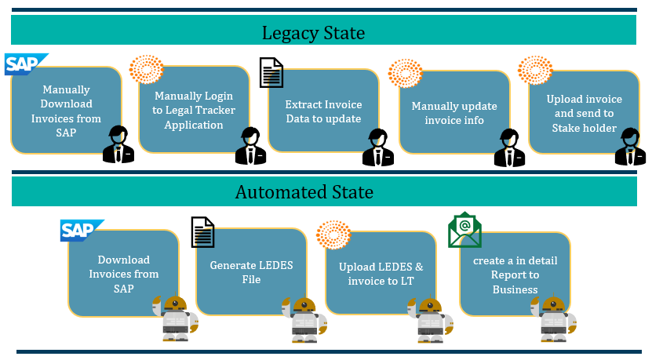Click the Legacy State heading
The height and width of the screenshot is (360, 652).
pyautogui.click(x=313, y=33)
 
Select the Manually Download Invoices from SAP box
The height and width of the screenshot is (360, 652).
pyautogui.click(x=67, y=111)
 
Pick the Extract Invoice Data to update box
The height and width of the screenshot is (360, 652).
pyautogui.click(x=322, y=111)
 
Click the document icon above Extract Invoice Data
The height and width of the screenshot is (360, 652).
pyautogui.click(x=271, y=73)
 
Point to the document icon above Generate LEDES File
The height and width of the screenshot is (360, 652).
pyautogui.click(x=203, y=233)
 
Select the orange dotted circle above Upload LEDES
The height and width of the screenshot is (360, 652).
pyautogui.click(x=333, y=238)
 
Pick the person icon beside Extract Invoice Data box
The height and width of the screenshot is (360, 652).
pyautogui.click(x=377, y=146)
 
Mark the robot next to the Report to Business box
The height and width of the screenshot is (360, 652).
pyautogui.click(x=556, y=319)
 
